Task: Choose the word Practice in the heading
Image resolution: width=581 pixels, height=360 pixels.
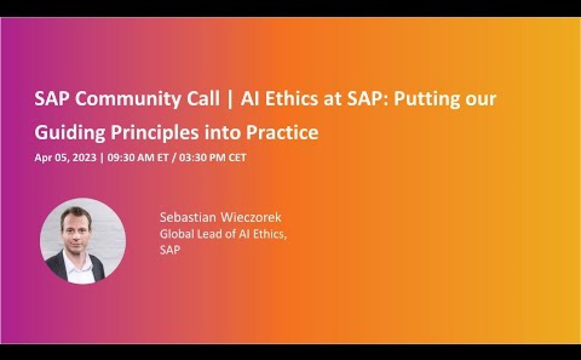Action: [282, 132]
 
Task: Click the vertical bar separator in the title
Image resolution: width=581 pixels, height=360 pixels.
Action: [230, 99]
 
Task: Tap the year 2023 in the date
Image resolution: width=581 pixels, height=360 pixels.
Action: [84, 157]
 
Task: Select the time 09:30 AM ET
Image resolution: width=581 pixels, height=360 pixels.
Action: [138, 157]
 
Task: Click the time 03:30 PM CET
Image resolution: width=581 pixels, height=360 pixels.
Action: [213, 157]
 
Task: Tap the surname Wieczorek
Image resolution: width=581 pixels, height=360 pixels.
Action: [250, 217]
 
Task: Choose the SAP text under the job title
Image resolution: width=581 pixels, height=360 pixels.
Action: [170, 250]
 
